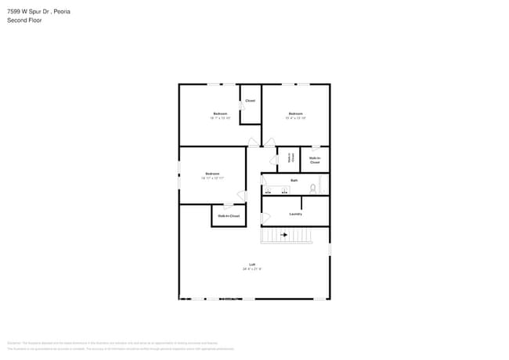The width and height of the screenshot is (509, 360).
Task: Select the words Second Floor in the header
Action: (24, 20)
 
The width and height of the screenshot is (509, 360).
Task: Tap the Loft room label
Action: (252, 265)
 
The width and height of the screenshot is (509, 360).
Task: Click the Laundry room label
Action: (295, 214)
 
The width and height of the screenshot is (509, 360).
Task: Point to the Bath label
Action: (294, 181)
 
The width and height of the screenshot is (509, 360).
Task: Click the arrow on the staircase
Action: (284, 234)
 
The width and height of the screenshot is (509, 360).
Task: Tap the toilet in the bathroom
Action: (312, 188)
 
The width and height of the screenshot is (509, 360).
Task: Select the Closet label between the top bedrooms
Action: (250, 101)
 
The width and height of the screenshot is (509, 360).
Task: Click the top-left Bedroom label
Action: (220, 113)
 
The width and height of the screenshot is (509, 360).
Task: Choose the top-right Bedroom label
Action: (295, 113)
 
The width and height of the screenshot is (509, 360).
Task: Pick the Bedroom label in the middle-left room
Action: (212, 174)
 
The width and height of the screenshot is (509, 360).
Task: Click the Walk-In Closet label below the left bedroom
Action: (229, 215)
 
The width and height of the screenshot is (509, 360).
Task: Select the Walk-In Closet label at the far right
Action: (315, 160)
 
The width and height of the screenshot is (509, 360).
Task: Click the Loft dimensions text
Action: (252, 269)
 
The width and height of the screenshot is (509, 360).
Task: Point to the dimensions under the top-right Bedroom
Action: (295, 118)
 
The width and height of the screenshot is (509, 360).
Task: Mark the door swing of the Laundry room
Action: (265, 218)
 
